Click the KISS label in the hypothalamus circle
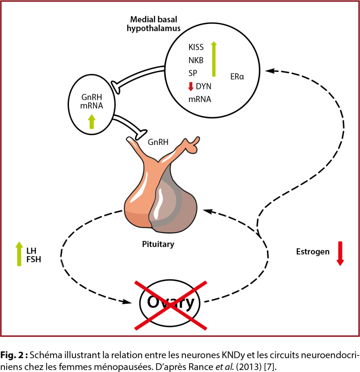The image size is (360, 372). click(196, 47)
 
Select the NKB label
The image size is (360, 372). click(196, 60)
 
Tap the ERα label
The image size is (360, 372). click(237, 77)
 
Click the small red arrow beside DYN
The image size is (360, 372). click(191, 86)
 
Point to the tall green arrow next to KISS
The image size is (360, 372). click(213, 59)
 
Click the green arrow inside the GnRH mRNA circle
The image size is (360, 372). click(92, 121)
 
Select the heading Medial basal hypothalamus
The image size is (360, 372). click(154, 24)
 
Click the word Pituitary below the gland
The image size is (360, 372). click(158, 244)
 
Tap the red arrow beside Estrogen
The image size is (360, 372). click(340, 253)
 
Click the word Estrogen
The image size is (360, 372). click(312, 251)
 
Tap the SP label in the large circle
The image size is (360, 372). click(193, 73)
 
